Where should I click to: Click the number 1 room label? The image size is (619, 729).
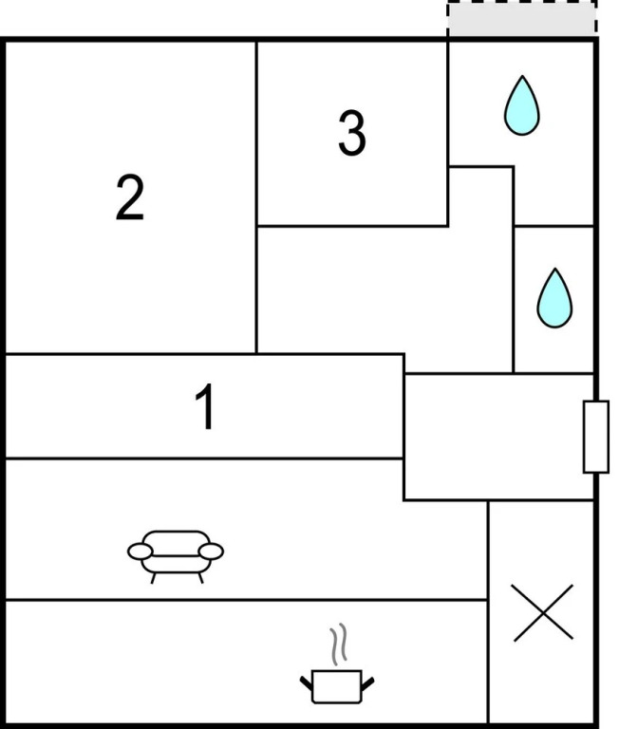tap(204, 408)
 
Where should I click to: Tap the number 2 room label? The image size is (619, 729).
tap(130, 197)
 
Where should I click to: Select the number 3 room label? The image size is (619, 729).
tap(351, 133)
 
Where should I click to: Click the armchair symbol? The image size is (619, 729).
tap(176, 552)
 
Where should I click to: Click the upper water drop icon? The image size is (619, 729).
tap(521, 104)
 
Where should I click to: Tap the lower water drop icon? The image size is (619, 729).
tap(553, 297)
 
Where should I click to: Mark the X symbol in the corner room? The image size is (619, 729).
tap(542, 612)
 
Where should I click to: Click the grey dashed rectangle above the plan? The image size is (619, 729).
tap(522, 19)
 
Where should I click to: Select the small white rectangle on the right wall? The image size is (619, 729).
tap(595, 437)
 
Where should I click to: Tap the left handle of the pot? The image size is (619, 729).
tap(307, 681)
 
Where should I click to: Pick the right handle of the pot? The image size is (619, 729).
tap(369, 681)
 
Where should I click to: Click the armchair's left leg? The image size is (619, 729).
tap(153, 576)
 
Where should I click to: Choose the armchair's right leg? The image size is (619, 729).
tap(199, 576)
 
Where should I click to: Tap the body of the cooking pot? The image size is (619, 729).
tap(337, 687)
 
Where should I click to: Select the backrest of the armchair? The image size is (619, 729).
tap(176, 537)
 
